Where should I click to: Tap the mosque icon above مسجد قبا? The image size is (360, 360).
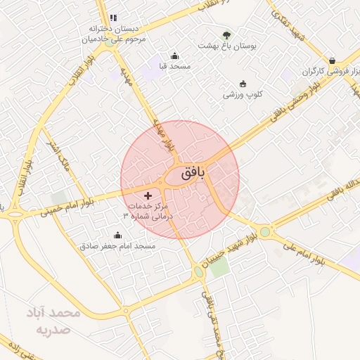pos(174,56)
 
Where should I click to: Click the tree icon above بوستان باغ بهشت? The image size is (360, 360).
pos(226,34)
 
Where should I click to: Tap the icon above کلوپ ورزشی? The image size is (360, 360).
pos(243,84)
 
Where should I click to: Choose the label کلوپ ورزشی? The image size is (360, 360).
pos(243,94)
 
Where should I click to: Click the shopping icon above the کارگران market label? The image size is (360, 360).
pos(331,60)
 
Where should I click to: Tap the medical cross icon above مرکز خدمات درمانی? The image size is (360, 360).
pos(148,195)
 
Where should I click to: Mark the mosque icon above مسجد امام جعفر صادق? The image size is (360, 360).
pos(117,236)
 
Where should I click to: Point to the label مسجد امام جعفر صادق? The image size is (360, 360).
pos(117,246)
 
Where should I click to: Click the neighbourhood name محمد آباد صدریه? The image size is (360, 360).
pos(55,321)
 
